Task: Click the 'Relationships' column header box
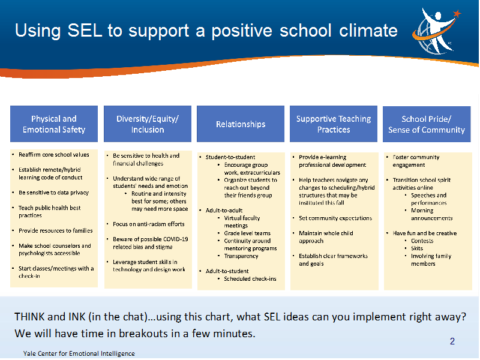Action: click(x=241, y=124)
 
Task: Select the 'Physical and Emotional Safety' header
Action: click(x=54, y=124)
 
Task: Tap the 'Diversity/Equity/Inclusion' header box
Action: click(x=148, y=124)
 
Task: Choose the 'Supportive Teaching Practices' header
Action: click(x=334, y=124)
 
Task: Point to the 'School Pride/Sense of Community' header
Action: click(x=427, y=124)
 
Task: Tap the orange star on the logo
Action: click(x=457, y=13)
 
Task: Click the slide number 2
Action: click(x=452, y=341)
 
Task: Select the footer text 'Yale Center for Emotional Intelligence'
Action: click(x=79, y=353)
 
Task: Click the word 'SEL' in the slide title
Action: click(x=85, y=31)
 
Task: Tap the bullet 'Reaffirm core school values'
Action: click(x=54, y=155)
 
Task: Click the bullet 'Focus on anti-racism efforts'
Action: click(x=149, y=224)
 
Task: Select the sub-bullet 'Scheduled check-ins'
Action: click(x=250, y=279)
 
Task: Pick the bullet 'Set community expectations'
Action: click(x=335, y=218)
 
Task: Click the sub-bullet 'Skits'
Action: click(x=417, y=248)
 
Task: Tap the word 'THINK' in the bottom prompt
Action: click(x=29, y=317)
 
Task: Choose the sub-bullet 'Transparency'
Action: click(x=241, y=256)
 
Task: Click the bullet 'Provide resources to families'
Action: click(x=56, y=230)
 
